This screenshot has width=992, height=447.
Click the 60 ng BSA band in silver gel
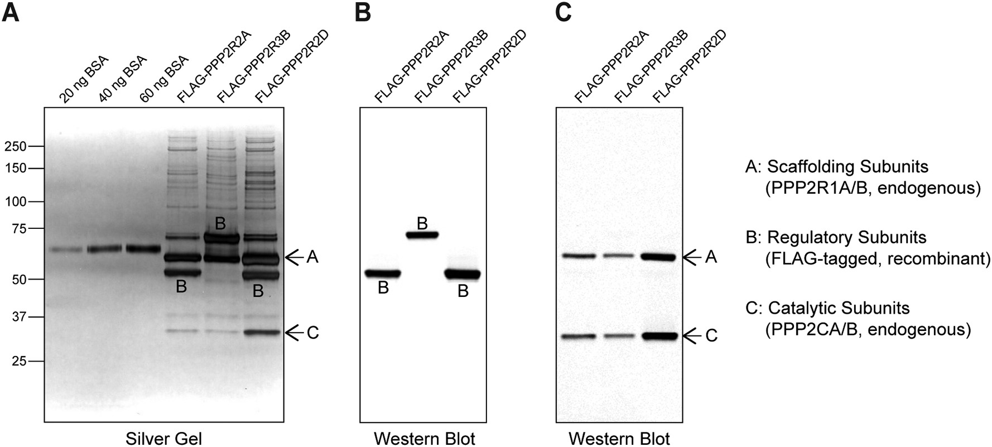[x=143, y=248]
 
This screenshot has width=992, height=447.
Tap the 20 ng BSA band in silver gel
[x=67, y=249]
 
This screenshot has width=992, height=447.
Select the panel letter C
[x=564, y=12]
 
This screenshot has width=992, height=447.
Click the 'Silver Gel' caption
[x=163, y=439]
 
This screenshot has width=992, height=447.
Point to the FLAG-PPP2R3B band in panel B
[x=422, y=235]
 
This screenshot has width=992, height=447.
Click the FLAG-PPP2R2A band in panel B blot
[x=383, y=273]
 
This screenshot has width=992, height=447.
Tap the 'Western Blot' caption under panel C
[x=619, y=439]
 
